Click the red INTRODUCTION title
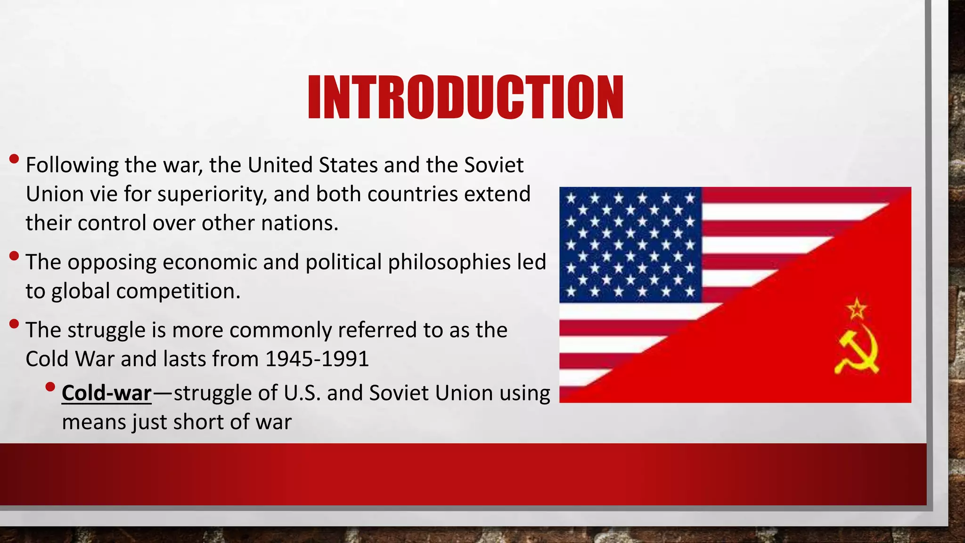pos(466,98)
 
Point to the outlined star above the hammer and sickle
pos(856,309)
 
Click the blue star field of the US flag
pos(630,245)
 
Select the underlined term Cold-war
pos(106,393)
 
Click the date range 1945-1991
pos(317,359)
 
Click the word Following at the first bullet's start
pos(72,165)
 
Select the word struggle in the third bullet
pos(106,330)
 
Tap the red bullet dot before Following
pos(14,159)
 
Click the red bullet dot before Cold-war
pos(50,387)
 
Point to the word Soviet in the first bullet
pos(494,165)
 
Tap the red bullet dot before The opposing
pos(14,256)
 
